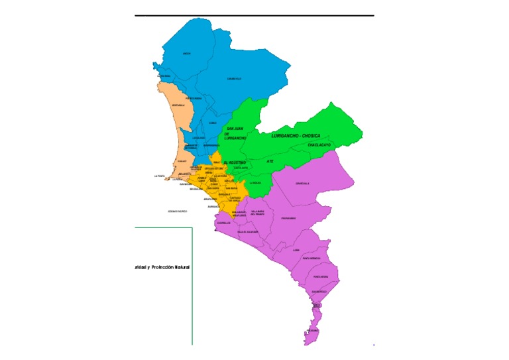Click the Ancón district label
187,54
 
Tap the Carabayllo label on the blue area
234,79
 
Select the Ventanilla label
178,105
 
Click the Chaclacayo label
319,145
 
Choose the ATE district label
270,161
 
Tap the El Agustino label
235,162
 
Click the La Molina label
255,183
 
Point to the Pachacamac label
288,218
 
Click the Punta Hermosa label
311,259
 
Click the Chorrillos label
223,223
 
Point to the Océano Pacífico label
178,211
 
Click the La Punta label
159,176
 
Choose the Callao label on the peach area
182,160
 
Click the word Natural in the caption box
179,267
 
